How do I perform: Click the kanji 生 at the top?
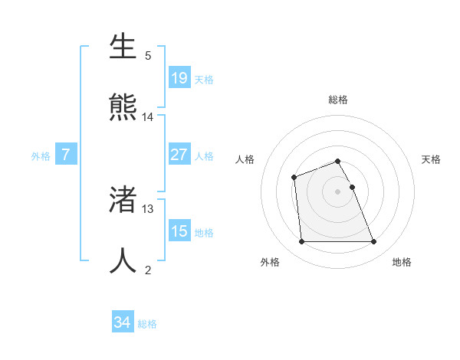(123, 47)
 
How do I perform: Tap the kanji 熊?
(123, 106)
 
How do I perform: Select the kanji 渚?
(123, 200)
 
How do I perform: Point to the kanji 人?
(123, 260)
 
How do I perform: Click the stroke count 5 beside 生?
(148, 56)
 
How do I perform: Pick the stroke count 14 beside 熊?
(148, 117)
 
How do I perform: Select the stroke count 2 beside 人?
(148, 270)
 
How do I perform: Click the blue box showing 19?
(179, 77)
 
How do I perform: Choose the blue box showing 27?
(179, 155)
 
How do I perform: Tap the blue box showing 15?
(179, 231)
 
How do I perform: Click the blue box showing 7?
(66, 155)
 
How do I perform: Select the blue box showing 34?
(123, 322)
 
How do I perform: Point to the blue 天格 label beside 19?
(204, 79)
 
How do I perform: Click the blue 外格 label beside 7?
(41, 156)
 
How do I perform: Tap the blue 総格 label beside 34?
(147, 324)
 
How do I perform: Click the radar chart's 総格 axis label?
(338, 100)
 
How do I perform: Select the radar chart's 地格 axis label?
(402, 262)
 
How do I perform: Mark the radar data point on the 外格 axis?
(301, 242)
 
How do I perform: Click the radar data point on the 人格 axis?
(294, 178)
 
